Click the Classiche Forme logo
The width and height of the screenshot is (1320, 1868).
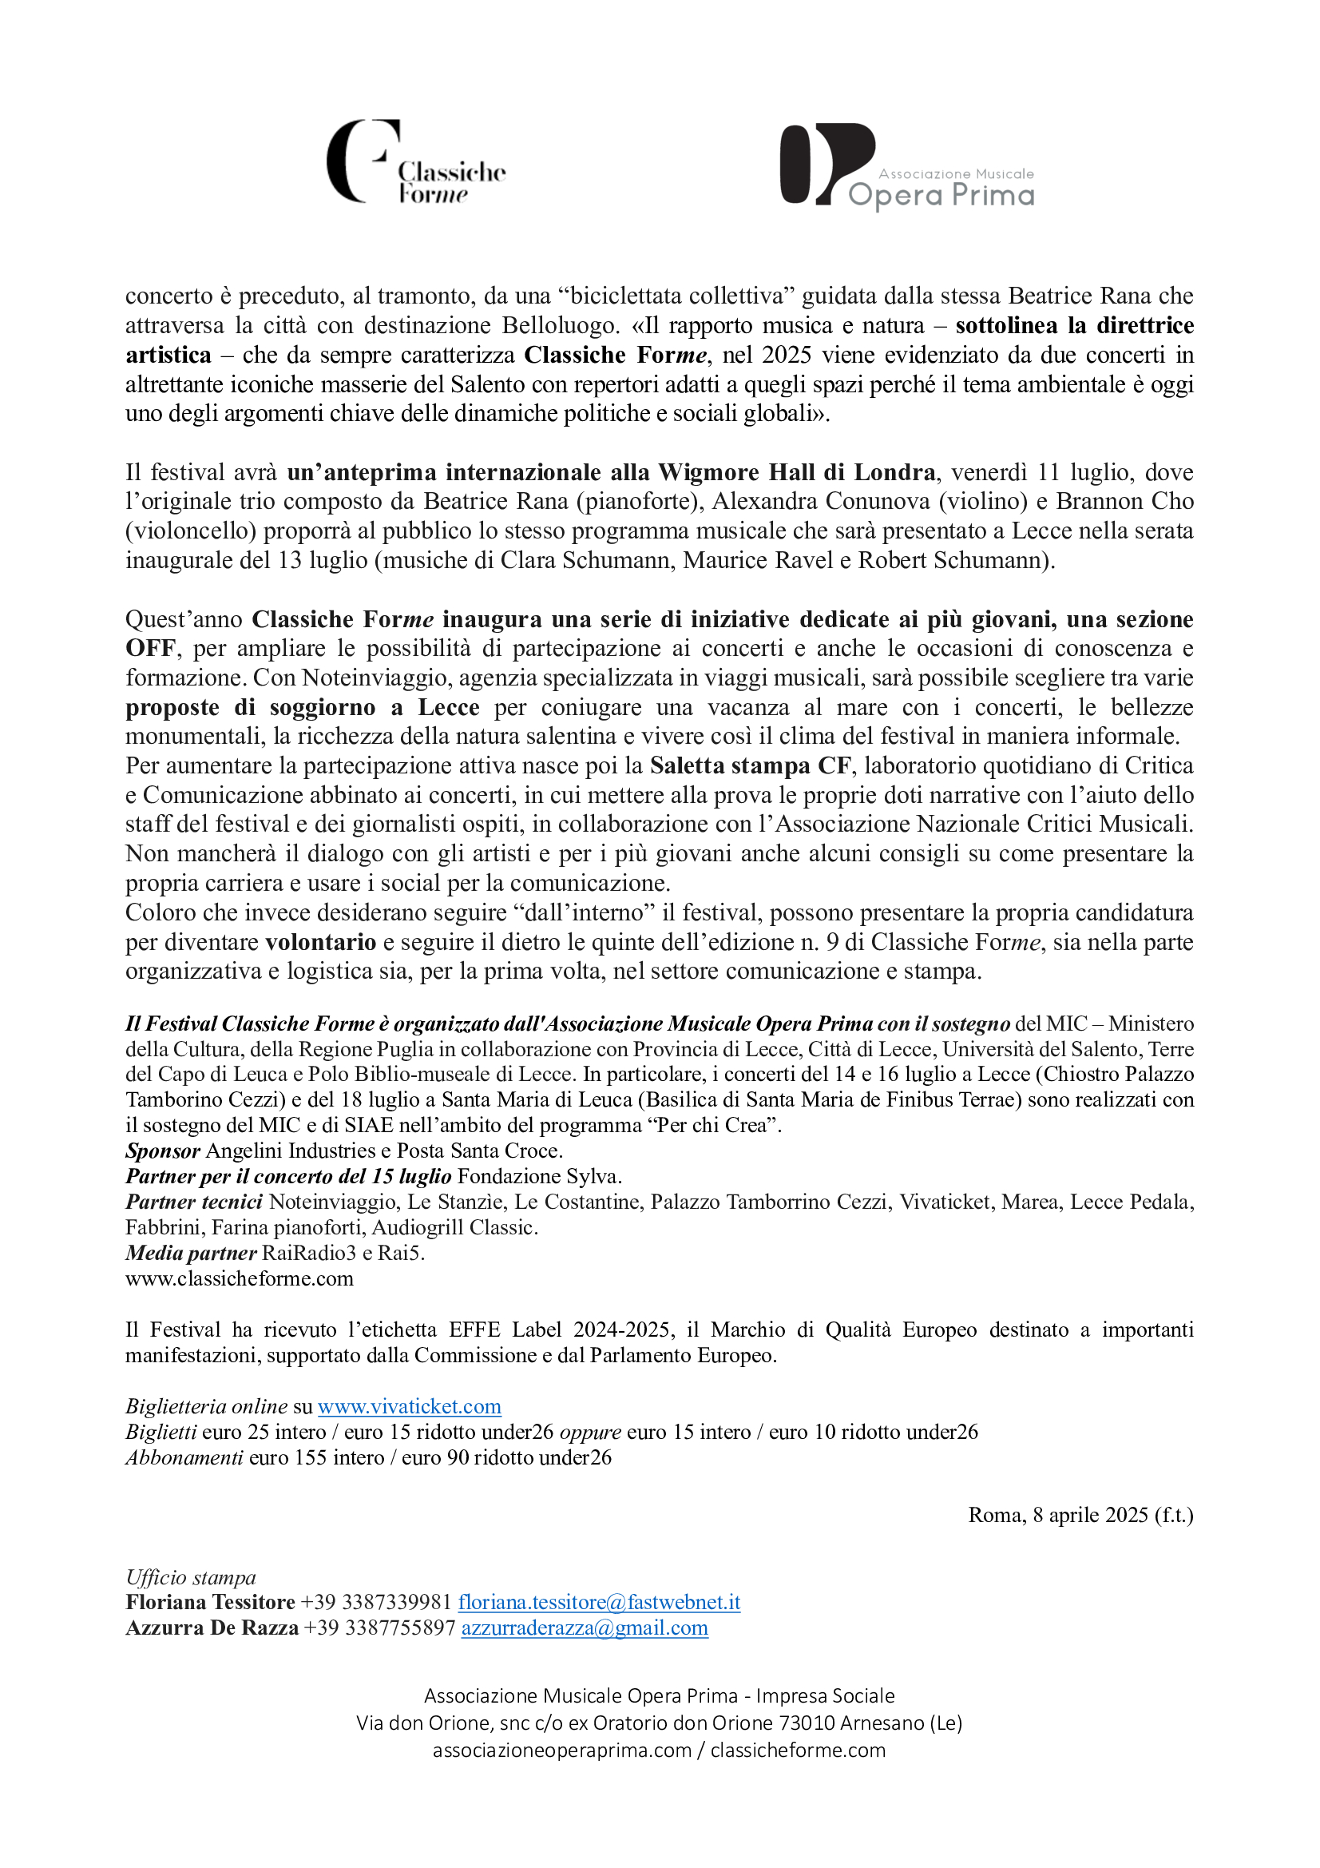(x=415, y=162)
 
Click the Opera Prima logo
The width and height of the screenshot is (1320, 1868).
(x=906, y=166)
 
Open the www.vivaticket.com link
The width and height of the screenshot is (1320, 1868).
(x=409, y=1407)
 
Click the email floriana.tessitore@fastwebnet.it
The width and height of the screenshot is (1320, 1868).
(x=599, y=1602)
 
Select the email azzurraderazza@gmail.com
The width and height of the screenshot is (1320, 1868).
(x=584, y=1628)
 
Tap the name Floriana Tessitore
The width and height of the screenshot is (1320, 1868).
(x=210, y=1602)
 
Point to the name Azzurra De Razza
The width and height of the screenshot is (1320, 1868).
(x=212, y=1628)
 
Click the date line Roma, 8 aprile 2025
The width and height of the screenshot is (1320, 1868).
(x=1080, y=1515)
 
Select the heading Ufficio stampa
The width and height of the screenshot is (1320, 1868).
(x=190, y=1576)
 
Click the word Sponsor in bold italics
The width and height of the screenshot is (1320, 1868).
(x=163, y=1151)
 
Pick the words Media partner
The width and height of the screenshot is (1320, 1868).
(x=191, y=1253)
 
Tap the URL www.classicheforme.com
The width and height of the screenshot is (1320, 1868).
(x=239, y=1278)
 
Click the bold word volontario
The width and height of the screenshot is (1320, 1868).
(x=320, y=942)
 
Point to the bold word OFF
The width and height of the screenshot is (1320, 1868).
(x=149, y=649)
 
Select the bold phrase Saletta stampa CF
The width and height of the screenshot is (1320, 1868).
(x=750, y=765)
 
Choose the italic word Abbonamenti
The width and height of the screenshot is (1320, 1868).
(x=184, y=1457)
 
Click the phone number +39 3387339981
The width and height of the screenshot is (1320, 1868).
(x=375, y=1602)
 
